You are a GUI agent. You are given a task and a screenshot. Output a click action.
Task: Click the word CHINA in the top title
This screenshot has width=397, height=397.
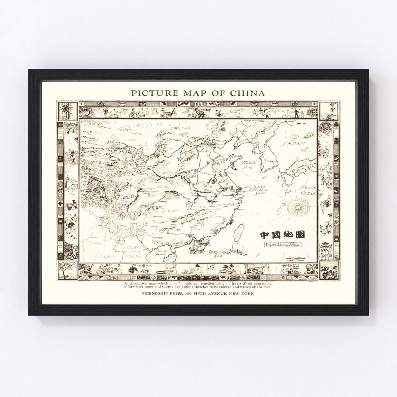pos(247,93)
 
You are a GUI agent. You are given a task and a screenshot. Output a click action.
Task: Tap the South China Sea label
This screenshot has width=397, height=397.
pos(216,253)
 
